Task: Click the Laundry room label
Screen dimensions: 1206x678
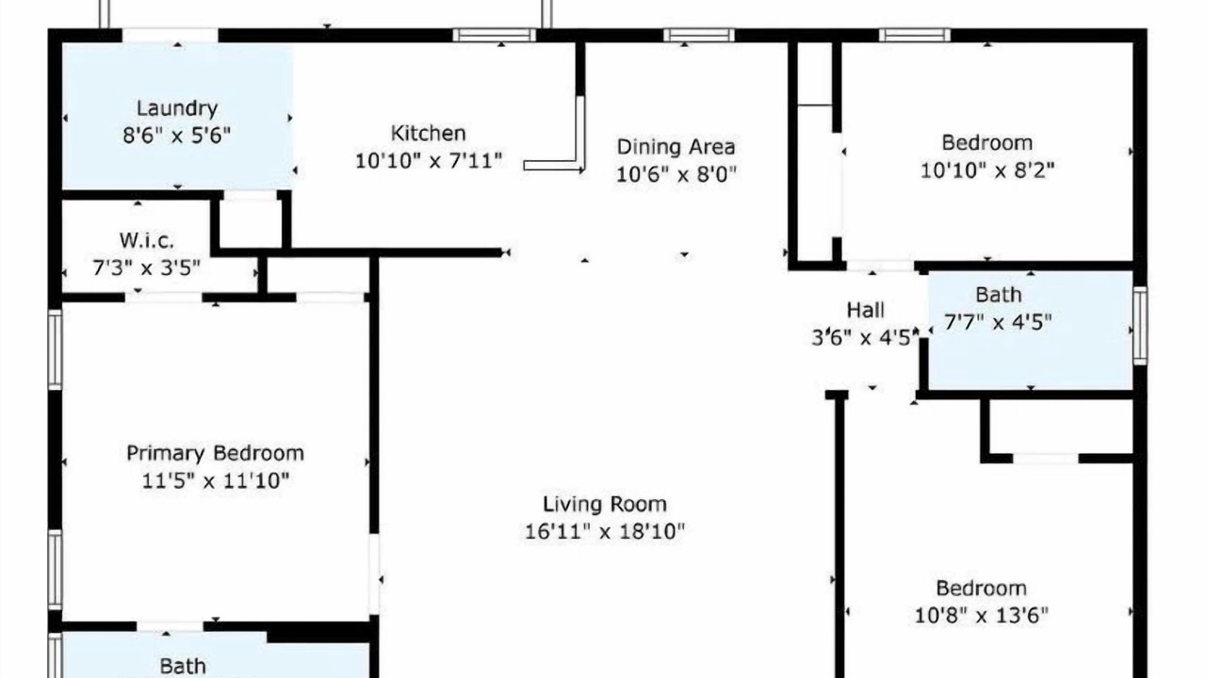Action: (177, 108)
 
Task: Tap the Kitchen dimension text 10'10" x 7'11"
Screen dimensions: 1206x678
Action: (429, 160)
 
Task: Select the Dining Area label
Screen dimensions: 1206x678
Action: (676, 146)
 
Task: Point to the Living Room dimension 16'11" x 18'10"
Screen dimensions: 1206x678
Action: (605, 532)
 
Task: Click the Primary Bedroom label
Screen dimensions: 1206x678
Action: (216, 453)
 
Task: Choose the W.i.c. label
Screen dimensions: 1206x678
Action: (146, 240)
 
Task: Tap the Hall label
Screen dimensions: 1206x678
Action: (865, 310)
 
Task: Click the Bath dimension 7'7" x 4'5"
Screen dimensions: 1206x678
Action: (998, 322)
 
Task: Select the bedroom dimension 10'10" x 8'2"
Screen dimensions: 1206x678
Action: (986, 170)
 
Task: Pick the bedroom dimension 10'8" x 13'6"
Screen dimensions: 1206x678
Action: (982, 615)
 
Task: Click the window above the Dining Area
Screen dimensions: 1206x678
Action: (699, 35)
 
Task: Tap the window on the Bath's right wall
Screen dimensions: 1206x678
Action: (1140, 326)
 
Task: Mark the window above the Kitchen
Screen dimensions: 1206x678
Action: (495, 35)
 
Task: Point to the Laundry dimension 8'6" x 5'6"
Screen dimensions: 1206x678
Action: (177, 135)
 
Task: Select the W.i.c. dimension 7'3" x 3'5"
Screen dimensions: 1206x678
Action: (146, 267)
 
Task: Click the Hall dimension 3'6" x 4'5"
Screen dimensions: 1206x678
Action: (864, 338)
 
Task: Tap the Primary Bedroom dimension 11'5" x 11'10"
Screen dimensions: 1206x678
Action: (216, 480)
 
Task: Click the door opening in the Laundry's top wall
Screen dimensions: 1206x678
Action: (171, 35)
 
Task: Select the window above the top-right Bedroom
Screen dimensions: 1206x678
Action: (915, 35)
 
